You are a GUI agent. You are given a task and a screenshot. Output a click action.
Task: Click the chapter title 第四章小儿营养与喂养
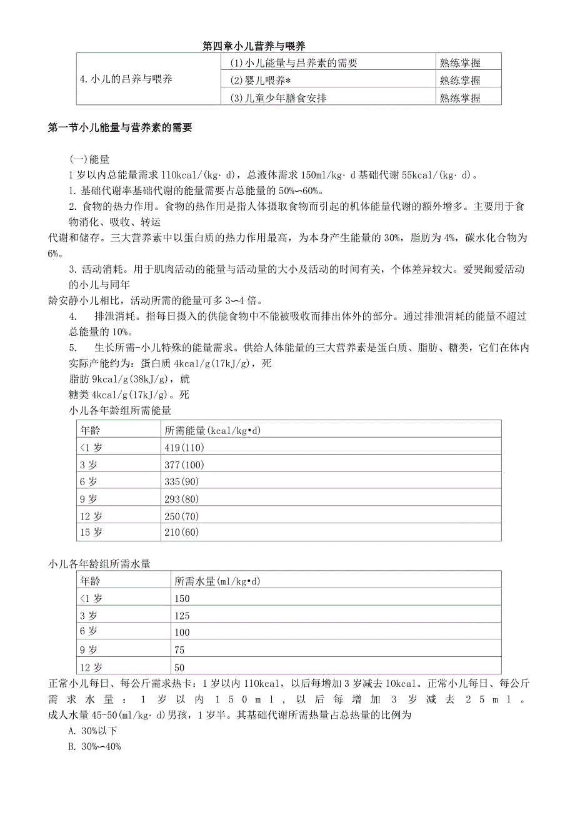(x=254, y=46)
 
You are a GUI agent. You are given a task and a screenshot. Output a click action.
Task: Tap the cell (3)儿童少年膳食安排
(x=278, y=97)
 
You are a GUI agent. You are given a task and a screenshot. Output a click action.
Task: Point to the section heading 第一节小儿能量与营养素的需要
(x=119, y=128)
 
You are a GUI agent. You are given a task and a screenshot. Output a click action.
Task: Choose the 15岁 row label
(x=90, y=532)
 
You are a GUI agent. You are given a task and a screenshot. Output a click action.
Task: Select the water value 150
(x=182, y=598)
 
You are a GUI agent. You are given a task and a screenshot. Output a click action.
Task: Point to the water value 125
(x=182, y=616)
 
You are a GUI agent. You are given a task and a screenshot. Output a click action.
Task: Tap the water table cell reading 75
(x=180, y=649)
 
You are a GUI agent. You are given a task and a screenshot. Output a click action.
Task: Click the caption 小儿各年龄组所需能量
(x=120, y=411)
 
